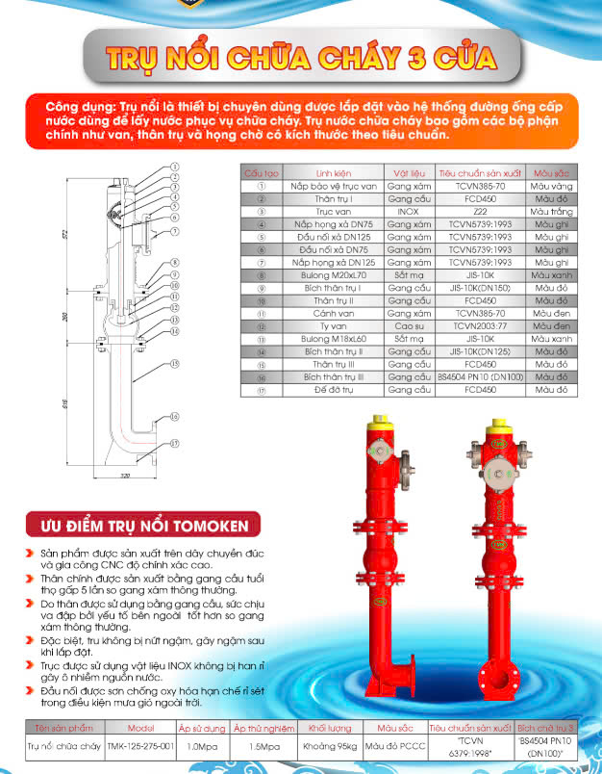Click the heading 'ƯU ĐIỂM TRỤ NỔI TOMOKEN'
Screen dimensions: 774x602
142,525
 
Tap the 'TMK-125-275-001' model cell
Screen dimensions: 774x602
140,746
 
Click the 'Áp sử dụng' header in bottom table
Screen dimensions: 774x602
202,729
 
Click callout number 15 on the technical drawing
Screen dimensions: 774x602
175,364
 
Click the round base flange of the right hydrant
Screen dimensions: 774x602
497,671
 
